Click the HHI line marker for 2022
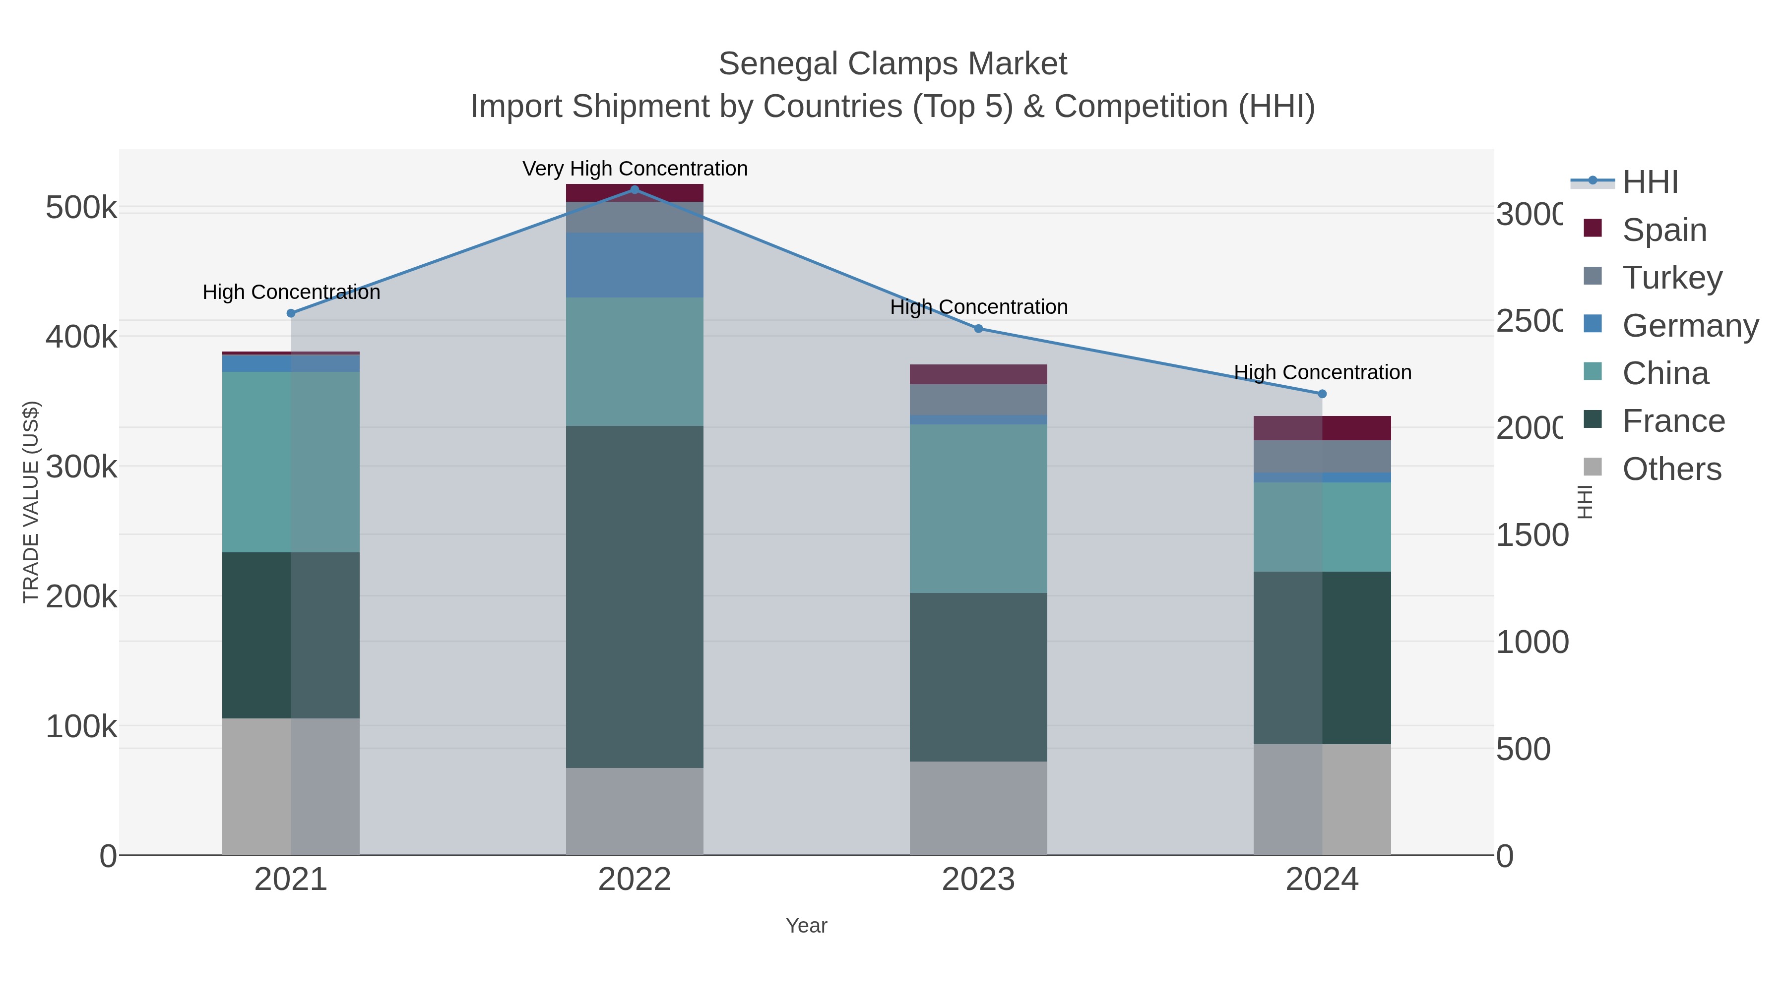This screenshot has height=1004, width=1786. coord(635,190)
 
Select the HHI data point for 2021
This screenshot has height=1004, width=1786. coord(291,313)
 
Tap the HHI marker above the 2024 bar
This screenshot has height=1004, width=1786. coord(1322,394)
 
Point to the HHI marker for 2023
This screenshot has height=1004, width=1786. coord(978,328)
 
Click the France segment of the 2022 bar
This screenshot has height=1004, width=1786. coord(635,596)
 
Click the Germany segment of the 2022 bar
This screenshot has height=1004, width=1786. coord(635,265)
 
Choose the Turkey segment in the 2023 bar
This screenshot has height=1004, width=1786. coord(978,399)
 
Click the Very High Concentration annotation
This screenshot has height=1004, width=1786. coord(635,169)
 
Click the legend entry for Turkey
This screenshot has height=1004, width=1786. coord(1671,277)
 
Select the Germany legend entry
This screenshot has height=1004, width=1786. coord(1689,325)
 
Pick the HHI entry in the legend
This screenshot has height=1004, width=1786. coord(1650,181)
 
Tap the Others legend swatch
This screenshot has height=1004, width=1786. coord(1593,468)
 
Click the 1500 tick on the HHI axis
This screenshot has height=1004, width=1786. coord(1531,535)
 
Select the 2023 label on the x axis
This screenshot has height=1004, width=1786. coord(978,879)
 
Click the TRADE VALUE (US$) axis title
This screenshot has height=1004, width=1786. coord(31,502)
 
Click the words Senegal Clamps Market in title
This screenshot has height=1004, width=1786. coord(893,64)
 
